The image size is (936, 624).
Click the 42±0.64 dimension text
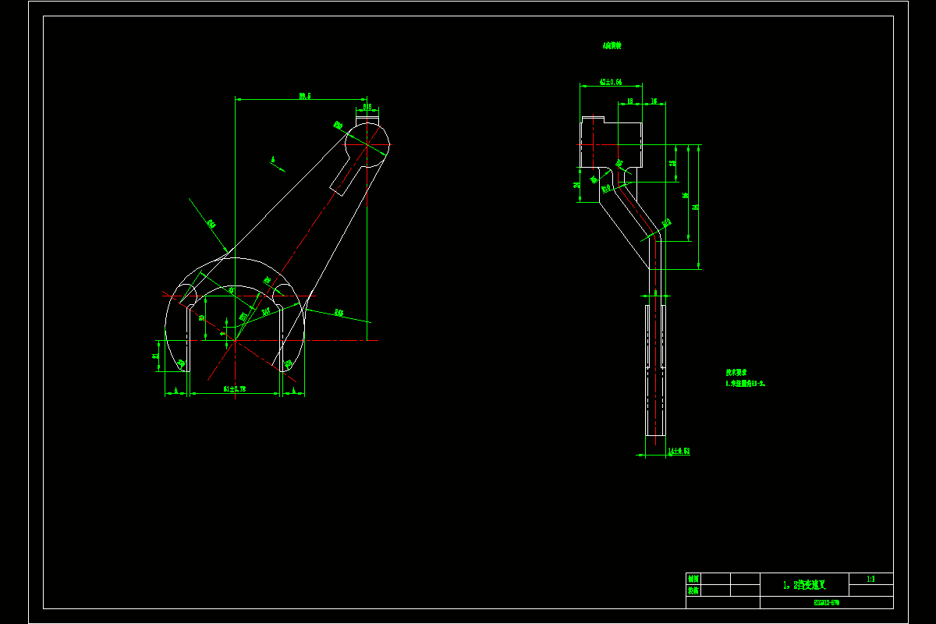coord(610,81)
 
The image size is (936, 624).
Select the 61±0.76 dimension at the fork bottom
coord(234,388)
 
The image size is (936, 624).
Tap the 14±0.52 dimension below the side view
coord(679,451)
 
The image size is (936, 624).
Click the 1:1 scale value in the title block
coord(870,579)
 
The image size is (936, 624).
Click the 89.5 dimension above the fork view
coord(304,96)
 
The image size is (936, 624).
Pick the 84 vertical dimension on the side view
coord(695,207)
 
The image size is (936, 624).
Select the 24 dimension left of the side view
coord(576,185)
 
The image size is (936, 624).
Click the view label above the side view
coord(612,46)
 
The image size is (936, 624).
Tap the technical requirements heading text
coord(737,373)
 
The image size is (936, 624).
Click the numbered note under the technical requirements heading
coord(746,384)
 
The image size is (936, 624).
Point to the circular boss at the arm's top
coord(367,144)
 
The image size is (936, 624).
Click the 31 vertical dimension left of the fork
coord(156,356)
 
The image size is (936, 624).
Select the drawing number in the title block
coord(826,602)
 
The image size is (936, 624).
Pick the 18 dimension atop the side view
coord(629,101)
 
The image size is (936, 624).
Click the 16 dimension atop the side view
coord(654,101)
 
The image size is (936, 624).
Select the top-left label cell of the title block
coord(693,579)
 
